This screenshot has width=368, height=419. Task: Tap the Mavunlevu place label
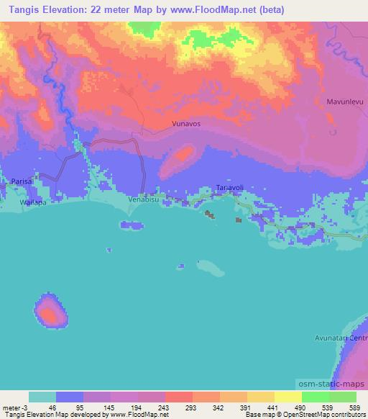coord(344,103)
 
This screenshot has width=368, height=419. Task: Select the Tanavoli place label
coord(230,187)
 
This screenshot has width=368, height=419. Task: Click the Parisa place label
coord(22,181)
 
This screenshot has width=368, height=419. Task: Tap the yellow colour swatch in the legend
coord(287,397)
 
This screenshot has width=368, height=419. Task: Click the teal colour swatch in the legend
coord(42,397)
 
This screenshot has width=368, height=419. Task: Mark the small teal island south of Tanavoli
coord(211,269)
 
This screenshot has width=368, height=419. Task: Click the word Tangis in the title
coord(22,10)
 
